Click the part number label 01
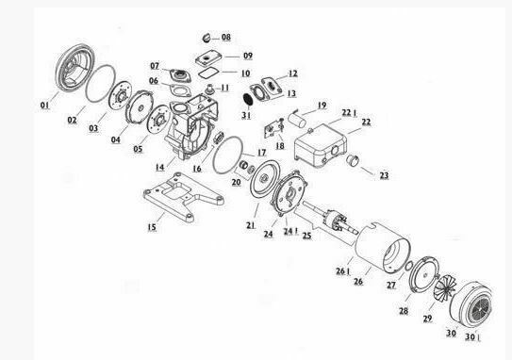point(44,106)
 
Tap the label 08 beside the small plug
point(226,37)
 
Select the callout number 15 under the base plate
point(152,227)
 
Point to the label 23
point(384,175)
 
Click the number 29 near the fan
point(427,319)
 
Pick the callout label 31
point(246,115)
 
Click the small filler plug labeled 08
point(206,38)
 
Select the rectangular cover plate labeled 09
point(208,58)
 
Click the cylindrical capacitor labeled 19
point(297,119)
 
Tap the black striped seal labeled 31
point(248,99)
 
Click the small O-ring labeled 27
point(408,266)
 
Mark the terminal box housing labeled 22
point(321,145)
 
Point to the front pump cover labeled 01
point(74,67)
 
